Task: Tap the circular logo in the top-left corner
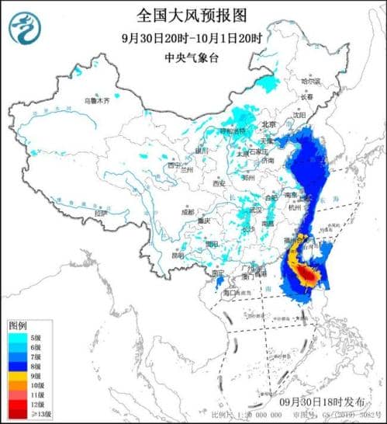[x=24, y=28]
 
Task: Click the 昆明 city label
[x=179, y=255]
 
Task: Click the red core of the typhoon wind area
[x=308, y=276]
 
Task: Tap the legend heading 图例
[x=18, y=324]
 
